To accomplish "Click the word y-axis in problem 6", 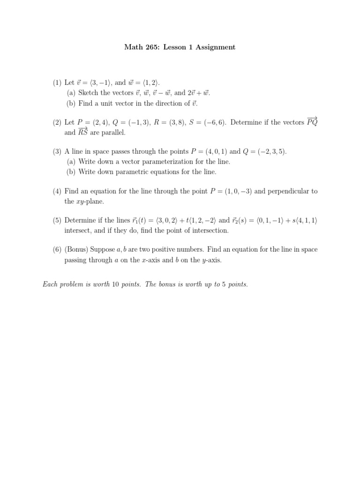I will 210,260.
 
